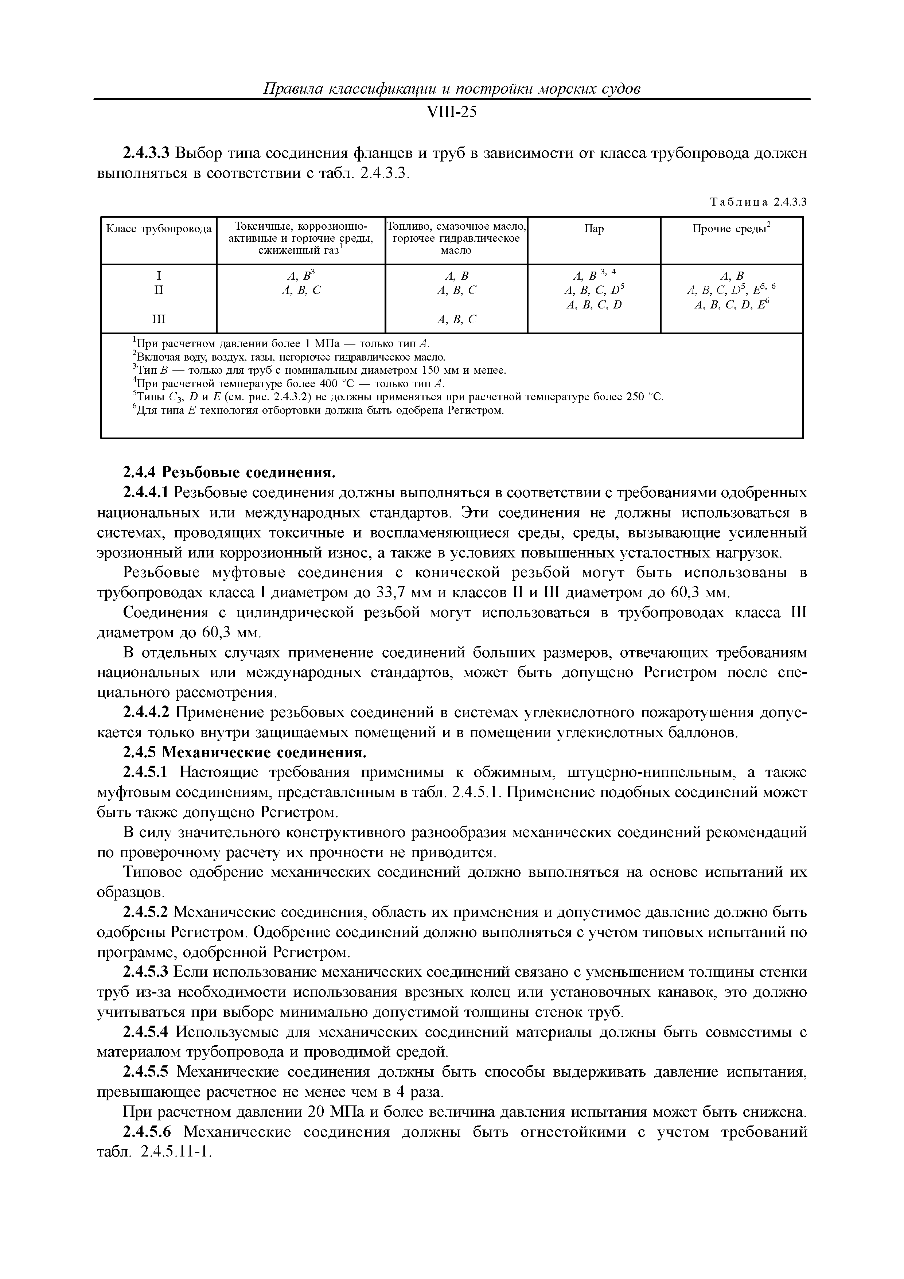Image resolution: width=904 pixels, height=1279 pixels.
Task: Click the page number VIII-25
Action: coord(451,113)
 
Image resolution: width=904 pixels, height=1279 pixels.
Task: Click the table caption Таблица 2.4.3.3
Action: coord(758,203)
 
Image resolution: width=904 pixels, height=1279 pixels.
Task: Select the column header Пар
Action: coord(594,229)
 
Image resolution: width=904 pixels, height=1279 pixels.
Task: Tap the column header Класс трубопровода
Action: coord(159,229)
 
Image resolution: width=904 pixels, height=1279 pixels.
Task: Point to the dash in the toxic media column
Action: coord(301,319)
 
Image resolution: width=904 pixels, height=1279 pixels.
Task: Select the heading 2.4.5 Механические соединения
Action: coord(245,753)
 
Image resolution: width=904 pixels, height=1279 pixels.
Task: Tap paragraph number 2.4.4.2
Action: coord(145,713)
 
